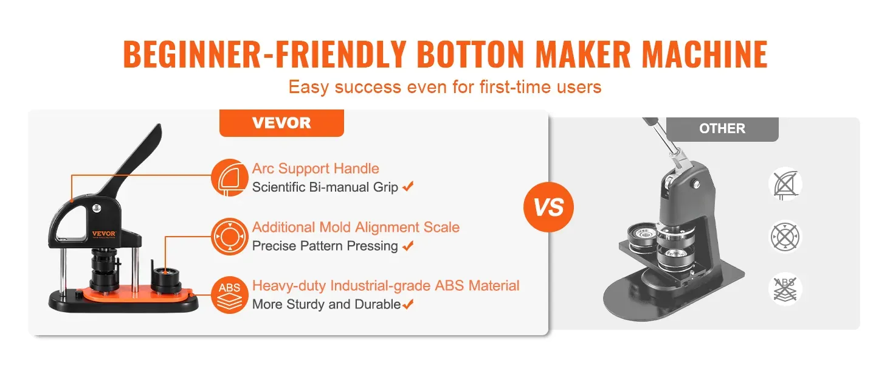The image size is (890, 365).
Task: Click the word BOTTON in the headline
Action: point(471,54)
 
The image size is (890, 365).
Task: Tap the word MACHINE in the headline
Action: point(705,54)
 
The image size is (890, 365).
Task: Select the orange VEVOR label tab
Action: point(281,123)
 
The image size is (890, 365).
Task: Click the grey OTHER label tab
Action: point(722,129)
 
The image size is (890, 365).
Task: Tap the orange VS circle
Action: point(548,207)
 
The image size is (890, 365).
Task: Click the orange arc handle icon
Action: point(230,178)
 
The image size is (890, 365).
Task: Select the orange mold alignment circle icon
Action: point(230,237)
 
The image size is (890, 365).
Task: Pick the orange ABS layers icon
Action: point(230,295)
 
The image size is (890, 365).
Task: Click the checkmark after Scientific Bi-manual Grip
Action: point(408,186)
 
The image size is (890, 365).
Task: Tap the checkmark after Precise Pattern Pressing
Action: point(408,245)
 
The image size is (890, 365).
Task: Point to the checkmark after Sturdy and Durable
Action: point(408,304)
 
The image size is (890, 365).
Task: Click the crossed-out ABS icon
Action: point(785,289)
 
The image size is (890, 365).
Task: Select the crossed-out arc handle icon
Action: point(785,184)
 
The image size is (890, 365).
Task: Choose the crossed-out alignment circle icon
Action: point(785,237)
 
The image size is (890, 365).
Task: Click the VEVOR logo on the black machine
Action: point(104,234)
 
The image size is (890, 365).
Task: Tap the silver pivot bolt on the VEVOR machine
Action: point(97,208)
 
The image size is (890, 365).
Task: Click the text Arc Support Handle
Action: point(316,169)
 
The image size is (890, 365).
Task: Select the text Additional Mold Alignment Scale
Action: point(356,227)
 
